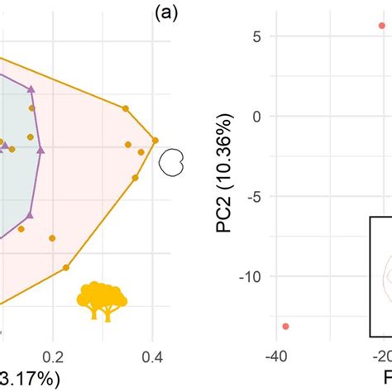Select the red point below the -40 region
[285, 327]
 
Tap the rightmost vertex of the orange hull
[155, 140]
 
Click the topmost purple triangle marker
[31, 88]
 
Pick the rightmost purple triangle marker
[41, 150]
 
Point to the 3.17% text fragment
[30, 380]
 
